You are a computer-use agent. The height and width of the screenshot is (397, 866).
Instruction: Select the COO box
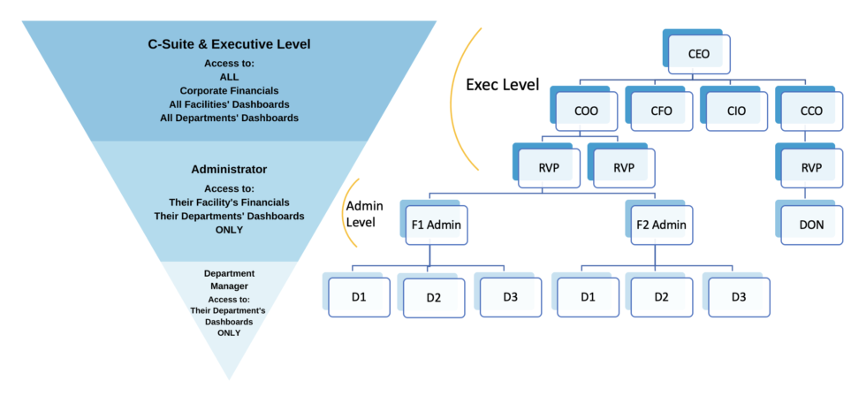585,111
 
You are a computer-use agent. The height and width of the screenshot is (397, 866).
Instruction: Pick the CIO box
735,111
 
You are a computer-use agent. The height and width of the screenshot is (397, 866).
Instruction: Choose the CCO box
811,111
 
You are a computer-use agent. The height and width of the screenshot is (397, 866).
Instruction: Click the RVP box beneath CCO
811,168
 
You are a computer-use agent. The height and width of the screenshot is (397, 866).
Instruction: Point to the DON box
811,225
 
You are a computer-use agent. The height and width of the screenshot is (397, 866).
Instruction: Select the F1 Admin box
436,225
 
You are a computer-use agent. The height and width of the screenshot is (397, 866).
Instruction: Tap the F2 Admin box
661,225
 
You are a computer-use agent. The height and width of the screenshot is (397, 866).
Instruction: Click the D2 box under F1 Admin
434,297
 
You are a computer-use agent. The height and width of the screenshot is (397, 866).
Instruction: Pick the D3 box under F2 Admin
738,297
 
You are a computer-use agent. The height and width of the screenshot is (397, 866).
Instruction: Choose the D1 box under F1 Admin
359,297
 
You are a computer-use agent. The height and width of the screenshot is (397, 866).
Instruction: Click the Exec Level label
501,85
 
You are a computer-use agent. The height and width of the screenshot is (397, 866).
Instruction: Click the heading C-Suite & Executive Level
229,43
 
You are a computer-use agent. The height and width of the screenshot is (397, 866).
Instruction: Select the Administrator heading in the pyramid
229,169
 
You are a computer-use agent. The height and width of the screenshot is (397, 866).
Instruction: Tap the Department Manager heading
229,279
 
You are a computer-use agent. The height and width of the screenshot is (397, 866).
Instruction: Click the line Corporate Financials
229,90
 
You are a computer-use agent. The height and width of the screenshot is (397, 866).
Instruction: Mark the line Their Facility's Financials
229,202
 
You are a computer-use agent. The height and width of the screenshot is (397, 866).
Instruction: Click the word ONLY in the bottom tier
229,332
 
